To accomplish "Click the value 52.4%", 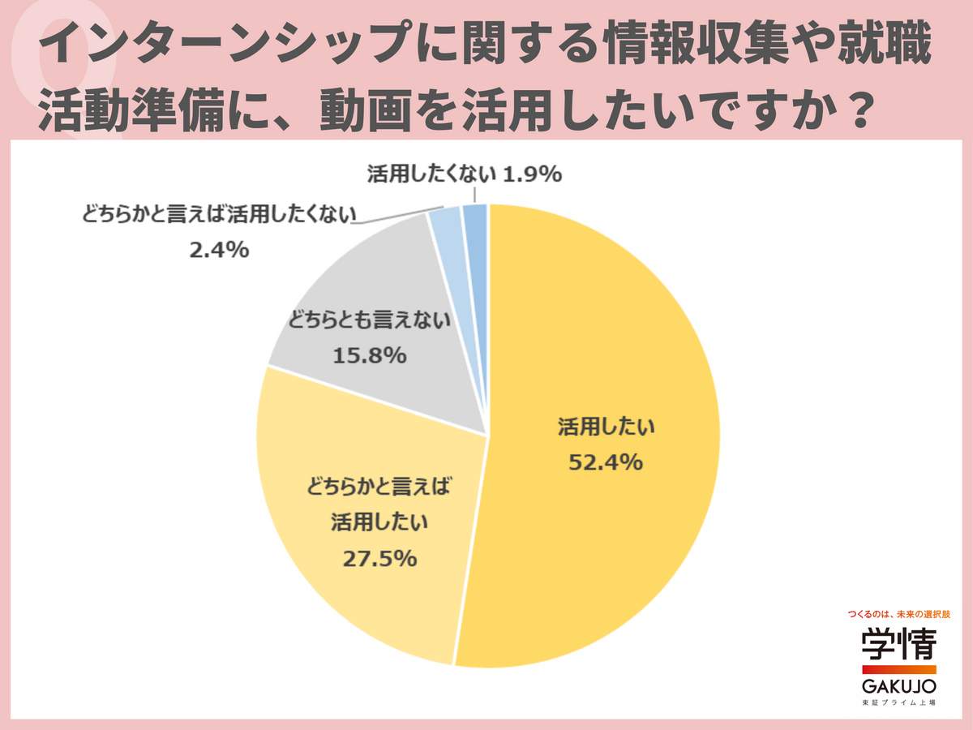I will tap(602, 462).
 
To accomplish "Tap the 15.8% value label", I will tap(369, 355).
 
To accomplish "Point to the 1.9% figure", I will tap(533, 174).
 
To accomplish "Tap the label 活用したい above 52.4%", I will tap(602, 427).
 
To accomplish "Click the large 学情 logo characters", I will tap(898, 645).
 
